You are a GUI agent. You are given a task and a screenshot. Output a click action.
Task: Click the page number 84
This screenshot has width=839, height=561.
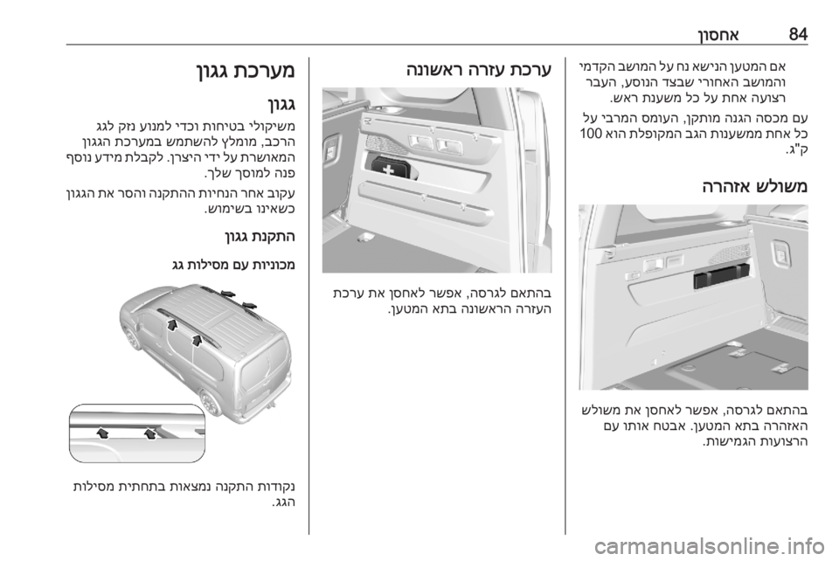tap(798, 34)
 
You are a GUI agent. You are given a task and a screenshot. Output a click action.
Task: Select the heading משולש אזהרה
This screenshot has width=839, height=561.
tap(754, 187)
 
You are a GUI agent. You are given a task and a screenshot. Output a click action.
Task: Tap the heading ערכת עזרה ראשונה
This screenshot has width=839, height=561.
tap(478, 70)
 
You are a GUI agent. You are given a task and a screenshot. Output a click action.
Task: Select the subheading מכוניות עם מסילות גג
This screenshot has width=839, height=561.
tap(233, 264)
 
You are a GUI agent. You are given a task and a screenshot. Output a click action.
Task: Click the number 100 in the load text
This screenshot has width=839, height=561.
tap(591, 133)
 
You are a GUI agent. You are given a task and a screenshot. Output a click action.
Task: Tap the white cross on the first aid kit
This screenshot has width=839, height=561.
tap(388, 169)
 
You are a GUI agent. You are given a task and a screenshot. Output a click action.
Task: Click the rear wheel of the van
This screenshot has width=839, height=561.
tap(211, 402)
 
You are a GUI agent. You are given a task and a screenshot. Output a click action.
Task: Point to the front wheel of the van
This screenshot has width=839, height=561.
tap(130, 338)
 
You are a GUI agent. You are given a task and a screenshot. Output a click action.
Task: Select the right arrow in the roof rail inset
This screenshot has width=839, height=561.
tap(149, 433)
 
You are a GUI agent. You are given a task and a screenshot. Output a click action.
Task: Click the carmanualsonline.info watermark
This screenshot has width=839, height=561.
tap(709, 546)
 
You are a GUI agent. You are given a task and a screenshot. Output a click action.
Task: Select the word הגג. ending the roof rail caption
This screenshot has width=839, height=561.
tap(283, 502)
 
